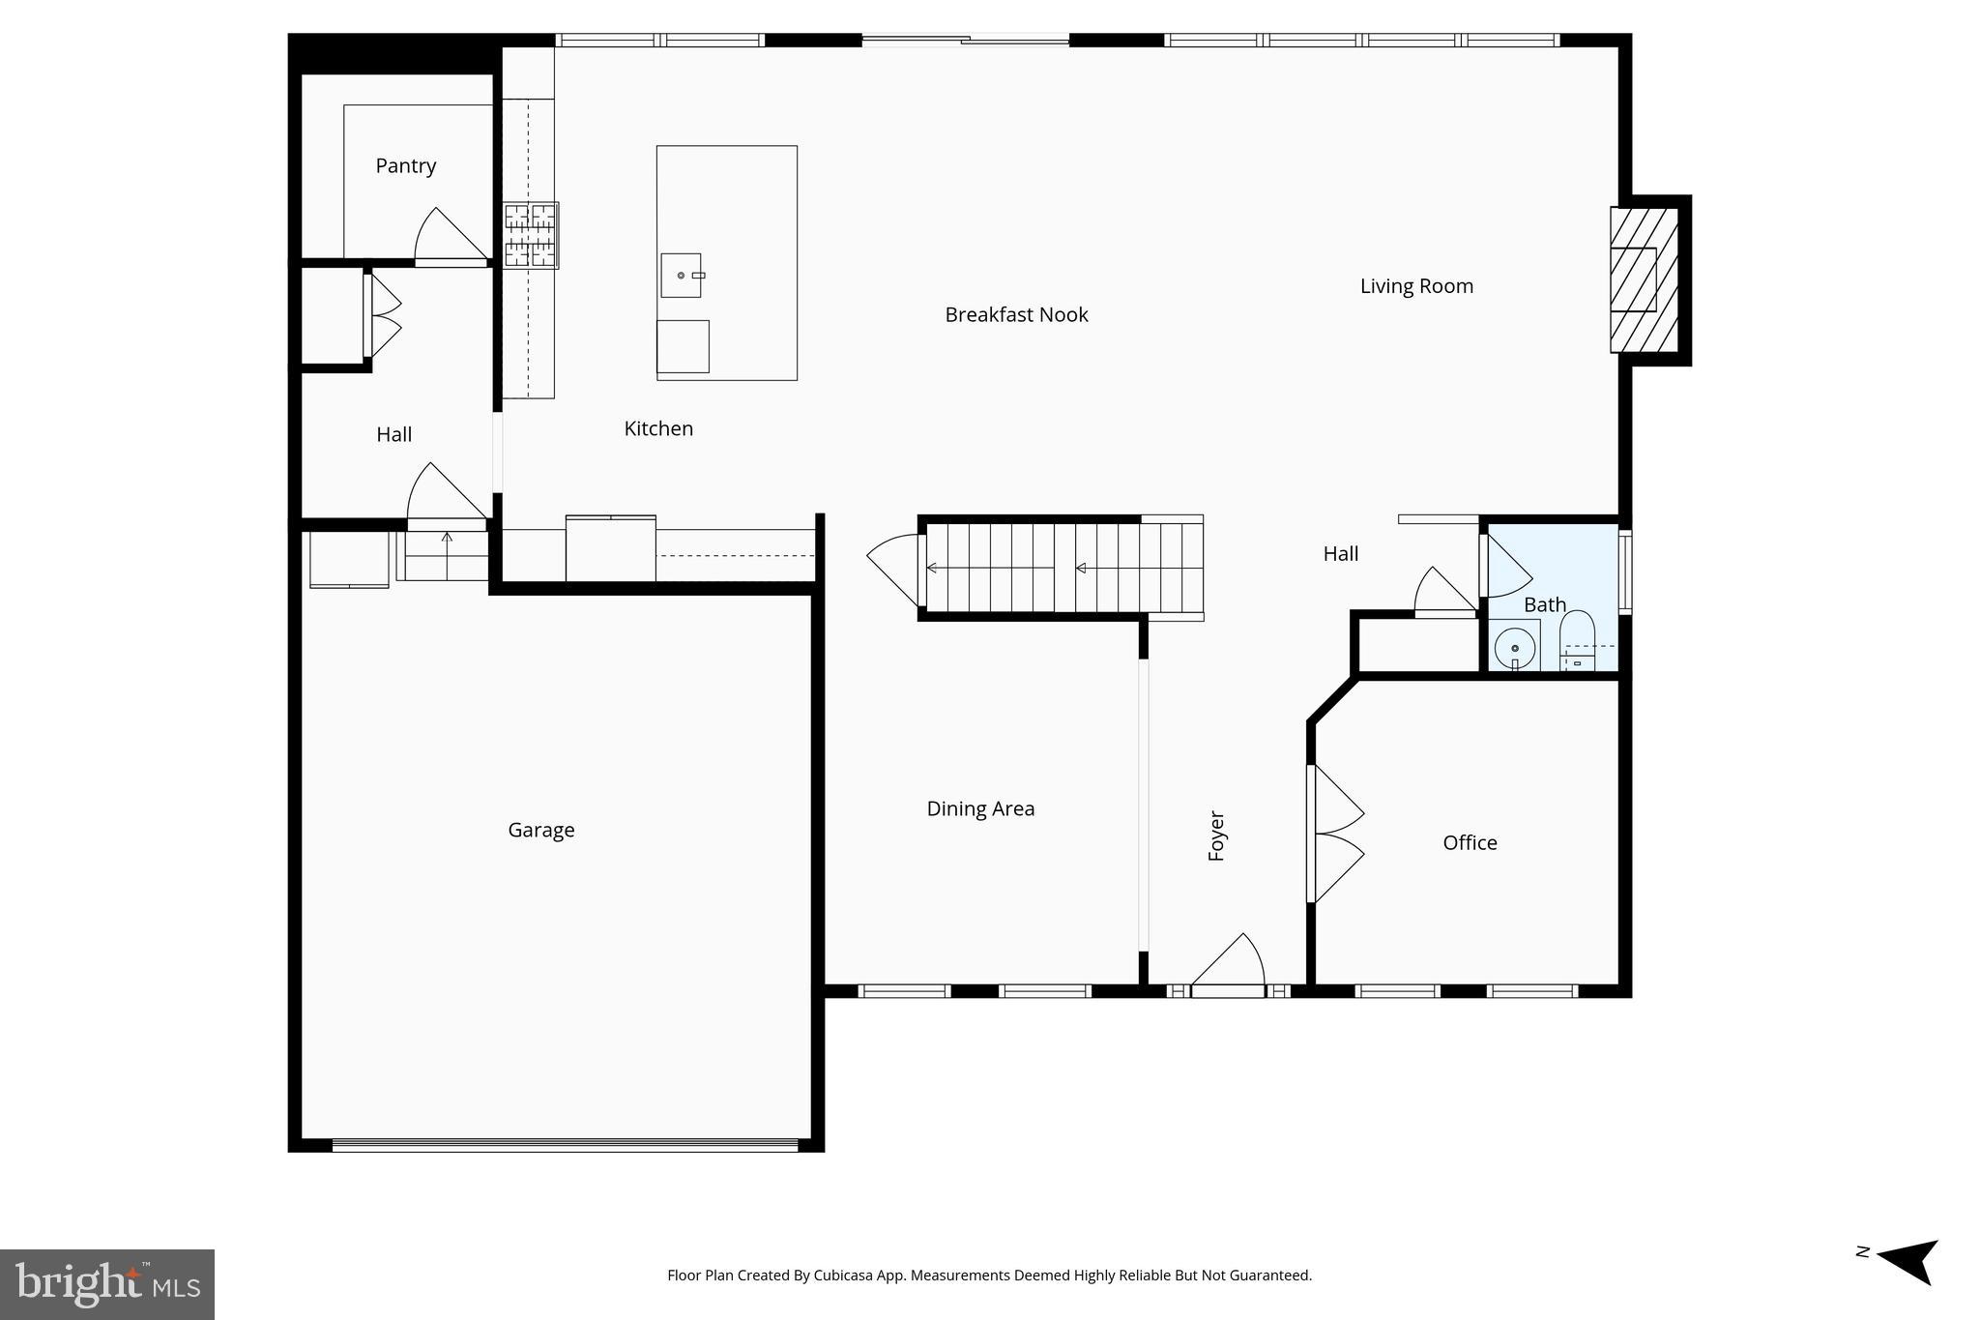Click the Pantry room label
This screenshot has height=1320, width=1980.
[405, 166]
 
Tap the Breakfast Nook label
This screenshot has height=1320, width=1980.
[1016, 315]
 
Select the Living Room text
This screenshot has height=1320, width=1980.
[1416, 286]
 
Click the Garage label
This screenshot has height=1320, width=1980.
[540, 830]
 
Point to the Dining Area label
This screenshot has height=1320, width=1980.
[980, 808]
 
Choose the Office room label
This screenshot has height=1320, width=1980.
[1470, 843]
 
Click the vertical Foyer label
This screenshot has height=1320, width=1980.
[1217, 836]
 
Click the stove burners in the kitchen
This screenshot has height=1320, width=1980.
[530, 235]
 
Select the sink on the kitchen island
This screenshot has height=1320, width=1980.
[682, 276]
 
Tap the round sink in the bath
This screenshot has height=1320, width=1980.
[1514, 648]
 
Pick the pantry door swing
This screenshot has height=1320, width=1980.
[447, 238]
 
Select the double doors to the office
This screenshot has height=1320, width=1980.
[1334, 835]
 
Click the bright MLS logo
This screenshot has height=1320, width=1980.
[107, 1284]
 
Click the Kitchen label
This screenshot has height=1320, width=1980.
[658, 429]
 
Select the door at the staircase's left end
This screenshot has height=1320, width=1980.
[895, 570]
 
